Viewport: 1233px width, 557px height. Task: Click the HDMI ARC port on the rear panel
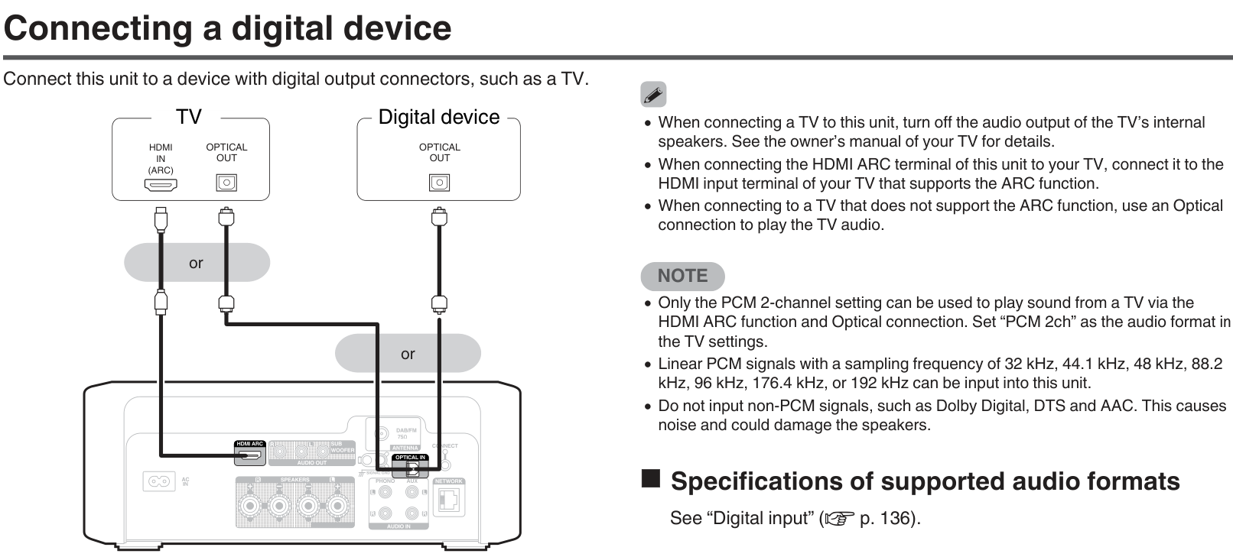[249, 456]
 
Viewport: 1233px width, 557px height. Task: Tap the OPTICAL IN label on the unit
[410, 458]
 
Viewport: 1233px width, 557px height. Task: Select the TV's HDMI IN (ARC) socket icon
[161, 184]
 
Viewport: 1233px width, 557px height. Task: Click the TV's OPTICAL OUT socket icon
[226, 183]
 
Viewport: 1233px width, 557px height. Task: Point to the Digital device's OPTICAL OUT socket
[439, 183]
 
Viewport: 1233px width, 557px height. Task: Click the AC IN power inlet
[158, 481]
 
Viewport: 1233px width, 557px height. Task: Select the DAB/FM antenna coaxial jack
[381, 436]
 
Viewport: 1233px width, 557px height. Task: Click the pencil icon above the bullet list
[652, 95]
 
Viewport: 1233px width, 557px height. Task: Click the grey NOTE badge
[682, 276]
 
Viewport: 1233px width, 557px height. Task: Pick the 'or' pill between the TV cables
[197, 263]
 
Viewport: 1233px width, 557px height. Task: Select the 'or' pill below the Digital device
[408, 354]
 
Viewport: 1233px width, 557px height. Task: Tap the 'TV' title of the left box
[188, 117]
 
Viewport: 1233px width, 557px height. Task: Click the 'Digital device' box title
[438, 117]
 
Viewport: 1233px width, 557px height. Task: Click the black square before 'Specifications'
[650, 479]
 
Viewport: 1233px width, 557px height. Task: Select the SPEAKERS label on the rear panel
[294, 480]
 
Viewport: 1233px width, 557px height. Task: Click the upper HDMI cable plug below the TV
[161, 218]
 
